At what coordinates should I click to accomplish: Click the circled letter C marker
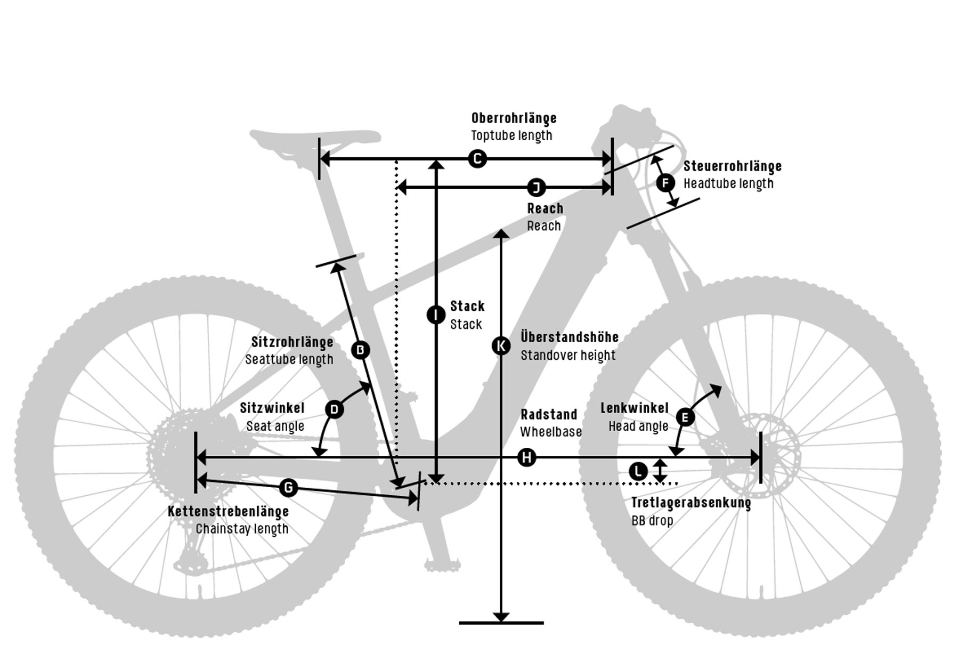coord(477,158)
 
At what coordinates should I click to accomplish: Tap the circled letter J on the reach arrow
coord(537,187)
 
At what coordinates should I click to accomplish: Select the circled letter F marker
coord(665,183)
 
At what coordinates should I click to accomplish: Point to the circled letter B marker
coord(361,350)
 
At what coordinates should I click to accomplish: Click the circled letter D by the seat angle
coord(335,409)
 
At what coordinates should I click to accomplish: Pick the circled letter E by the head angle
coord(685,417)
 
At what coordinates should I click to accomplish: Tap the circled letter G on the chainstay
coord(288,487)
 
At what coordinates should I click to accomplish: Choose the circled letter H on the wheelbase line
coord(527,457)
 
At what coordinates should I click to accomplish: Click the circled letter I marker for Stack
coord(436,315)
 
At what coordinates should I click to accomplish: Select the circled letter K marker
coord(501,346)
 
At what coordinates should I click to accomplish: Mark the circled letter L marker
coord(638,471)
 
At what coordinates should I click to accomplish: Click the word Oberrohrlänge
coord(514,118)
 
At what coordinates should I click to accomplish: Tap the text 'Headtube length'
coord(728,183)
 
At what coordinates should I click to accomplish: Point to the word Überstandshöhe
coord(570,337)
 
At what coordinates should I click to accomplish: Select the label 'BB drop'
coord(652,520)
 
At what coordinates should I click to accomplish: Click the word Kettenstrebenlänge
coord(228,511)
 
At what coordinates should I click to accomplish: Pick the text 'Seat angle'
coord(275,426)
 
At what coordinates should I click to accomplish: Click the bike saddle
coord(315,140)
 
